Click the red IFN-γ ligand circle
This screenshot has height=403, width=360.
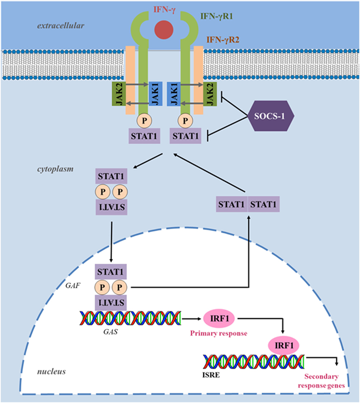[164, 29]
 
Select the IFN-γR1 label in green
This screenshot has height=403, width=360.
[217, 16]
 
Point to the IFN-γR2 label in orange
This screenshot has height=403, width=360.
[223, 39]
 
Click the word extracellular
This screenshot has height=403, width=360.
[61, 26]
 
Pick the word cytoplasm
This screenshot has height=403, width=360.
[55, 169]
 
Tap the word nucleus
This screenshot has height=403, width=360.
[51, 371]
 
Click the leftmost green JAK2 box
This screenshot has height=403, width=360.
[119, 94]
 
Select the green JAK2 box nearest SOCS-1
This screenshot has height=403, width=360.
[210, 94]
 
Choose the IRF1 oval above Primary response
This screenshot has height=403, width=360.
[219, 319]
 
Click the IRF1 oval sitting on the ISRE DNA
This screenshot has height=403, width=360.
[284, 345]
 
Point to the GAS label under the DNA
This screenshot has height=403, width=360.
[111, 332]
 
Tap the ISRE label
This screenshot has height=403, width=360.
[211, 375]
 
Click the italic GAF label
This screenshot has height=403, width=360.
[73, 286]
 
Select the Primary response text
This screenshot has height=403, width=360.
[218, 333]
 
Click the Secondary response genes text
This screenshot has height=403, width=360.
[321, 381]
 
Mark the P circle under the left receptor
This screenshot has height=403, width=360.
[144, 121]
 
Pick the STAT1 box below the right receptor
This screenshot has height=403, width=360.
[185, 136]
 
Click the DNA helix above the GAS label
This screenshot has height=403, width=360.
[131, 318]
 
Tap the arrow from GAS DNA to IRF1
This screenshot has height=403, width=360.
[191, 319]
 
